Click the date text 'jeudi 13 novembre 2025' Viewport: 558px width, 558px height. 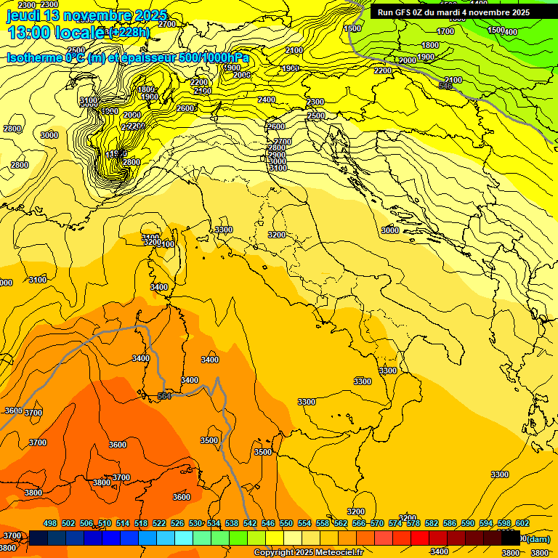(86, 15)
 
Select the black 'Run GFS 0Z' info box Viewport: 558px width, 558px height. (453, 12)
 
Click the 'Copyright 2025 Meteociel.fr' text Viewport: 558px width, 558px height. (307, 553)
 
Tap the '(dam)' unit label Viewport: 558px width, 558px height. (538, 538)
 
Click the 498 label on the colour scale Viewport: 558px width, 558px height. (50, 524)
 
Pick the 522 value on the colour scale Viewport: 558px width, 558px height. (159, 524)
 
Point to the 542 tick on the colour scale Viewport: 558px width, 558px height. (250, 524)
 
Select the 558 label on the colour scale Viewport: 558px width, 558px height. (323, 524)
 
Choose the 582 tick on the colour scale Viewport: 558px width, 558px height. (432, 524)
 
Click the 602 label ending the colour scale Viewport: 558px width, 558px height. (522, 524)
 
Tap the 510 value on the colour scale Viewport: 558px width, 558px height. (105, 524)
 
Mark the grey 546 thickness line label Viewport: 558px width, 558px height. (445, 86)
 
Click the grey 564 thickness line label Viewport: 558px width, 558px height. (165, 396)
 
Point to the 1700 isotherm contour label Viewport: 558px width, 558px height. (445, 31)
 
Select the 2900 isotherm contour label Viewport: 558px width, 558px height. (277, 155)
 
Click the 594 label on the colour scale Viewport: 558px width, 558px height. (486, 524)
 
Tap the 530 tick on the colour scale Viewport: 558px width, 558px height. (195, 524)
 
